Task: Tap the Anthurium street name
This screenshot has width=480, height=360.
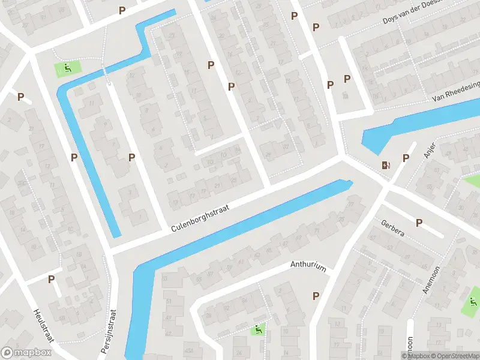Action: pyautogui.click(x=308, y=266)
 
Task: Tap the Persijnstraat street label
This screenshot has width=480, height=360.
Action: pyautogui.click(x=109, y=332)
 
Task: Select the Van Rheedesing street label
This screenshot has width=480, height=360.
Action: pyautogui.click(x=455, y=93)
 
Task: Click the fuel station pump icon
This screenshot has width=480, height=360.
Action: pyautogui.click(x=385, y=164)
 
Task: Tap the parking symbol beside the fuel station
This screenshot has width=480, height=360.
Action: pyautogui.click(x=406, y=158)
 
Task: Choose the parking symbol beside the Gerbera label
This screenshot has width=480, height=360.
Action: pyautogui.click(x=419, y=223)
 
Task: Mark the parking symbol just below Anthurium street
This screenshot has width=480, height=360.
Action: pyautogui.click(x=316, y=296)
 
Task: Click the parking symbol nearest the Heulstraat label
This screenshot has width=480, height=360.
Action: pyautogui.click(x=51, y=279)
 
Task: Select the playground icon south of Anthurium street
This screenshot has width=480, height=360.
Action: pyautogui.click(x=258, y=328)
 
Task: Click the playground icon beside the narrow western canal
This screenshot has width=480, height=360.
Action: pyautogui.click(x=67, y=69)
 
